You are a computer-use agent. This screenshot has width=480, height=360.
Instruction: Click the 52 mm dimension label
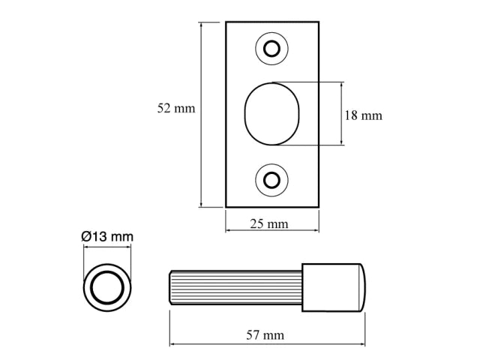click(176, 109)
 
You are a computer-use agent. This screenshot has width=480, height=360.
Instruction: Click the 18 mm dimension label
click(363, 115)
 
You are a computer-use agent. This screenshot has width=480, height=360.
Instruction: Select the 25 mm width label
click(269, 224)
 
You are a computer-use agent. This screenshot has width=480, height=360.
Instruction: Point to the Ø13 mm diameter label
click(106, 236)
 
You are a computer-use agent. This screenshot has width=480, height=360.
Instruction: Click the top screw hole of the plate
click(271, 49)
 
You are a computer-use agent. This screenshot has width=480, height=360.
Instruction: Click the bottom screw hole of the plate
click(271, 179)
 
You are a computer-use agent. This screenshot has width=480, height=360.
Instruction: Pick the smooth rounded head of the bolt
click(334, 286)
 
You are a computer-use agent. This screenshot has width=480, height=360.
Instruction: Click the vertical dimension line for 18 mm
click(342, 113)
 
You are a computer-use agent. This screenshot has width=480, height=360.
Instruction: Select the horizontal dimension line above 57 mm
click(268, 344)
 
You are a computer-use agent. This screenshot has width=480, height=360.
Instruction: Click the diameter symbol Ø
click(85, 236)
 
